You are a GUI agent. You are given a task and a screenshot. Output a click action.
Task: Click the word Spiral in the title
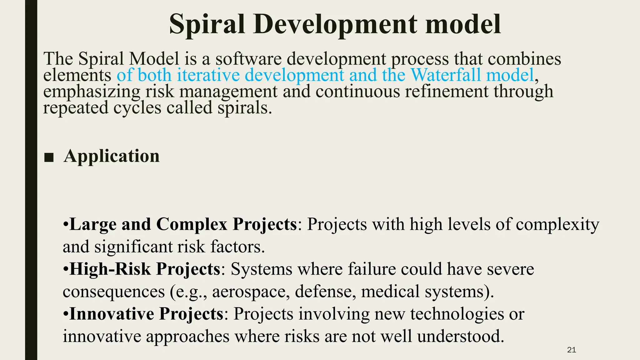click(x=207, y=24)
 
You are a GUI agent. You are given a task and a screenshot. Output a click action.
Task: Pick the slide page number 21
click(x=571, y=350)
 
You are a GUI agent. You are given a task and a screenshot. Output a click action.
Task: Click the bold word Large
click(x=93, y=224)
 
